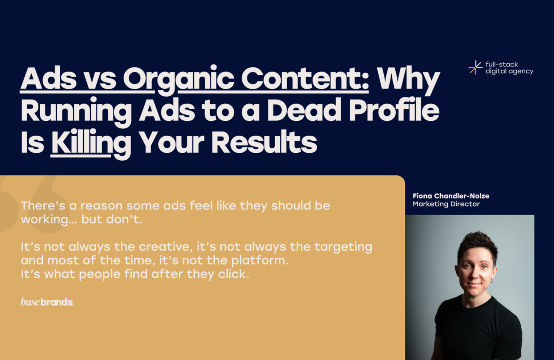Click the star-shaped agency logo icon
[475, 68]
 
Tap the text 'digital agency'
[509, 72]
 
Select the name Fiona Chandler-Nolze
[451, 196]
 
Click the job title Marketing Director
[446, 204]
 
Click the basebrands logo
[47, 302]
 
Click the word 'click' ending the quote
[236, 274]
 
